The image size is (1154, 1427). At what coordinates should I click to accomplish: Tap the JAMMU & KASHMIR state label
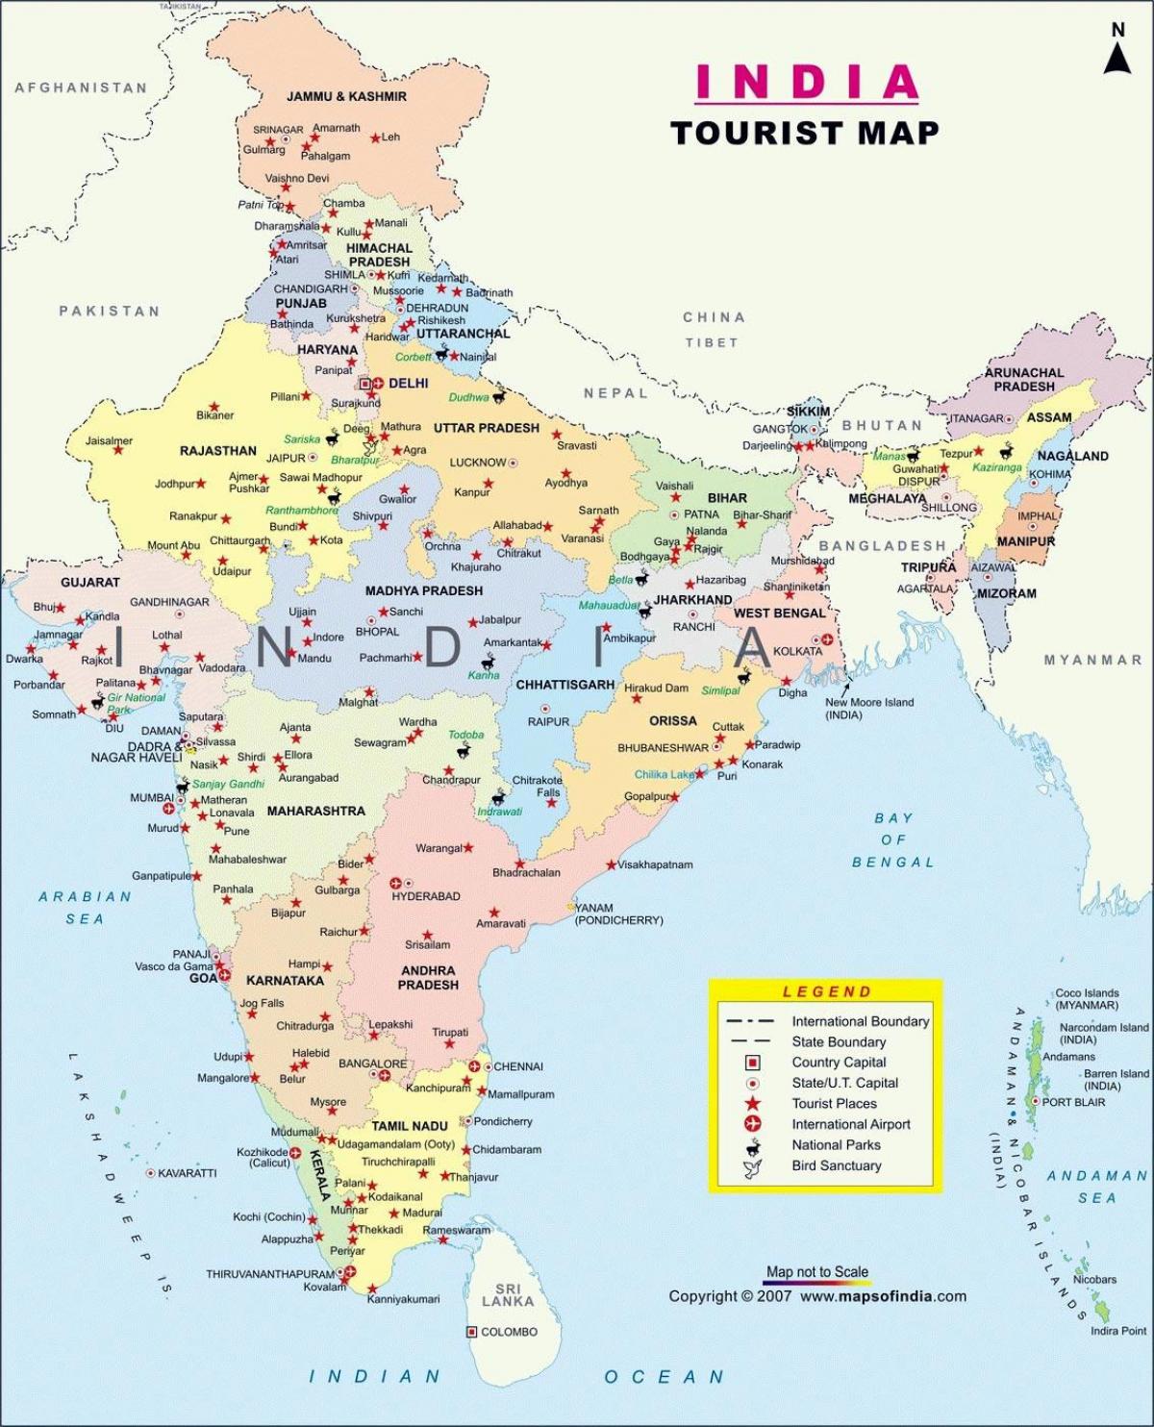(x=346, y=96)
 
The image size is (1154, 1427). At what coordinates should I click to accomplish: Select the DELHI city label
(x=409, y=383)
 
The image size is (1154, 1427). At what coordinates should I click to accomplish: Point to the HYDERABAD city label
(x=426, y=896)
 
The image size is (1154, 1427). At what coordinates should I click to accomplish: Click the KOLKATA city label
(x=797, y=651)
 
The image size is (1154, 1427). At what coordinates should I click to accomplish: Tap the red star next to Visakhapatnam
(x=611, y=864)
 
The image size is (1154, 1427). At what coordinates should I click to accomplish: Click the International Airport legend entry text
(x=850, y=1124)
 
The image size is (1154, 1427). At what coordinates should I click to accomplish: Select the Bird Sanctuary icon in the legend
(x=751, y=1167)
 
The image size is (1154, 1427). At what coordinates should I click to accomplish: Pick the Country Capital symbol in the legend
(x=752, y=1063)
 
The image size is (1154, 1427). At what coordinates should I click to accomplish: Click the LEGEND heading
(x=826, y=991)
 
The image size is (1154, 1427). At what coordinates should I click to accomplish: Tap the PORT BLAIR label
(x=1073, y=1102)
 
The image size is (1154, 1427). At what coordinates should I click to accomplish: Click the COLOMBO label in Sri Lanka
(x=509, y=1332)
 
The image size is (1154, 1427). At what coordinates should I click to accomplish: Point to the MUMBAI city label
(x=152, y=798)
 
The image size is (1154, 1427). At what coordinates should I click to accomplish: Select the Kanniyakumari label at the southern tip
(x=403, y=1299)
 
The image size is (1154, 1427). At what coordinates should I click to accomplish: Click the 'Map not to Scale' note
(x=816, y=1271)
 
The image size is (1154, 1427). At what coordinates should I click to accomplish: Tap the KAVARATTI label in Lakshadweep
(x=187, y=1173)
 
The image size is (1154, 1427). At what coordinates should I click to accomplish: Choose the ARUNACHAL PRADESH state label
(x=1023, y=379)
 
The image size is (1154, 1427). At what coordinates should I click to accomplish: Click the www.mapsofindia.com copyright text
(x=883, y=1296)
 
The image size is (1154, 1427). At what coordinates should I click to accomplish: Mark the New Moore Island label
(x=868, y=708)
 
